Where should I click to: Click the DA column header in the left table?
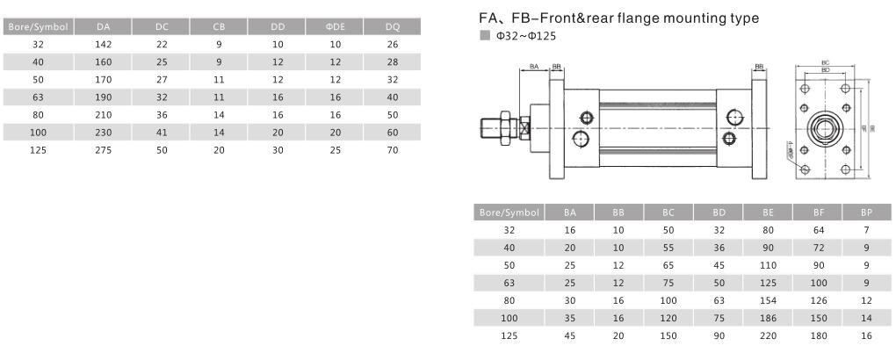coord(104,26)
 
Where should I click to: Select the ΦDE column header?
coord(335,26)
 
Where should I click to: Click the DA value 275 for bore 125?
coord(104,150)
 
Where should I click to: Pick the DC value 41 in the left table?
coord(162,133)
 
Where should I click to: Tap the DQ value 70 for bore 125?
coord(392,150)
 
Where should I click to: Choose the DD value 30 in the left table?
coord(277,150)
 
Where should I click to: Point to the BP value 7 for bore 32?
coord(865,229)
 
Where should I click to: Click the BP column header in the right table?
coord(865,212)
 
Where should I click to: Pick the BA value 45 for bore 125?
coord(570,335)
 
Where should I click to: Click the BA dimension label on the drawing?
coord(534,67)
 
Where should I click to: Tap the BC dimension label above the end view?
coord(826,63)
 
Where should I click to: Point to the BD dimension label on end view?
coord(826,69)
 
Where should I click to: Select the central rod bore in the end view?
coord(826,128)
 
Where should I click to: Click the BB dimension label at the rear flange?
coord(759,67)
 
